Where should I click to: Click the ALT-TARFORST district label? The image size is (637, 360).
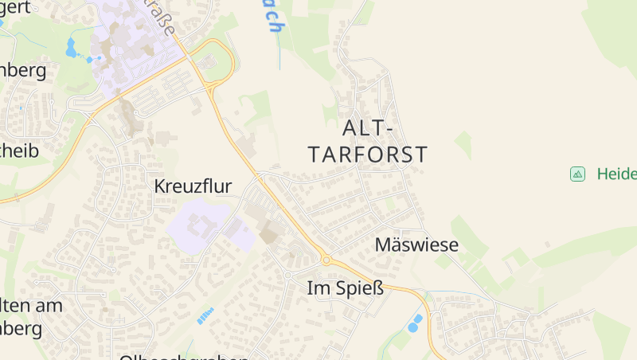pos(367,141)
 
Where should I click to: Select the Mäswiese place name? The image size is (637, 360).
pos(416,245)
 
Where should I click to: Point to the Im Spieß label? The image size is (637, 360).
pos(346,288)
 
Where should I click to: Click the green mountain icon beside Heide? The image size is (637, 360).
pos(577,174)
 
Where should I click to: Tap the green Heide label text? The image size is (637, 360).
pos(616,174)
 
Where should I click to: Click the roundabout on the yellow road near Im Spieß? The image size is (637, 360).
pos(326,260)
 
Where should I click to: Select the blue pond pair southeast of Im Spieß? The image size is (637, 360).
pos(415,323)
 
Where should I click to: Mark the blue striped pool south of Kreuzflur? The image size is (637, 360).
pos(205,316)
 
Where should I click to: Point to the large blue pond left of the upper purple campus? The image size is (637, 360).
pos(71,49)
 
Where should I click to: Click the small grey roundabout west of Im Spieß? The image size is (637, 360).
pos(287,274)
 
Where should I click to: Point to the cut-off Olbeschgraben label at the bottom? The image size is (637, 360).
pos(183,356)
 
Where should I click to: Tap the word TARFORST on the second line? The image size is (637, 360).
pos(367,154)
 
